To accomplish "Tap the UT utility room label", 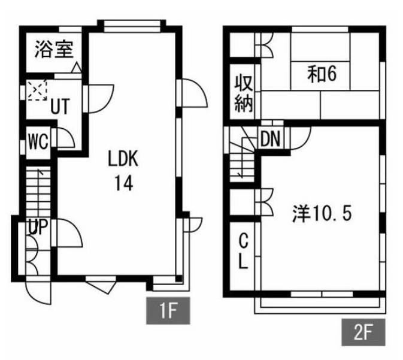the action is point(58,107).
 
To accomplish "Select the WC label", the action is point(38,144).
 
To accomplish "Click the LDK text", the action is point(123,159).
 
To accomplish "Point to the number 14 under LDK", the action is point(124,183).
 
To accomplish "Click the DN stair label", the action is point(271,139).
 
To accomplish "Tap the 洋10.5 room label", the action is point(321,214).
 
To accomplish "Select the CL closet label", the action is point(243,252).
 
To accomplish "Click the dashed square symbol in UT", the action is point(38,91).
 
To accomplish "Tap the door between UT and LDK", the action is point(99,96).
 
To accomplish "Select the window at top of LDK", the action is point(132,25).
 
